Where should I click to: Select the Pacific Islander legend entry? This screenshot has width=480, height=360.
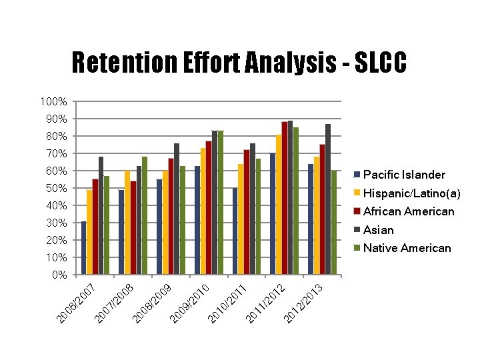(x=404, y=175)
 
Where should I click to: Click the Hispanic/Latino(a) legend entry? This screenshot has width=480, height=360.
(x=411, y=193)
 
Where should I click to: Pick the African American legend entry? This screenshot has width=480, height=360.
(x=408, y=211)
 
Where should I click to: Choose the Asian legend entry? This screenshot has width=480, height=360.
(x=378, y=230)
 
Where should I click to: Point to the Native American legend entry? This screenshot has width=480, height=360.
(x=407, y=248)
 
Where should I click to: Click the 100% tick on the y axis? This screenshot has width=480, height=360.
(x=53, y=102)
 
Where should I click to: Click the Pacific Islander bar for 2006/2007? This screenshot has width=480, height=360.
(x=83, y=247)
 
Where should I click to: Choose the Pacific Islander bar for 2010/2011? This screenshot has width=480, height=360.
(x=235, y=231)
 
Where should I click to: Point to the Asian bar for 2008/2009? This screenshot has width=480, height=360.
(x=177, y=209)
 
